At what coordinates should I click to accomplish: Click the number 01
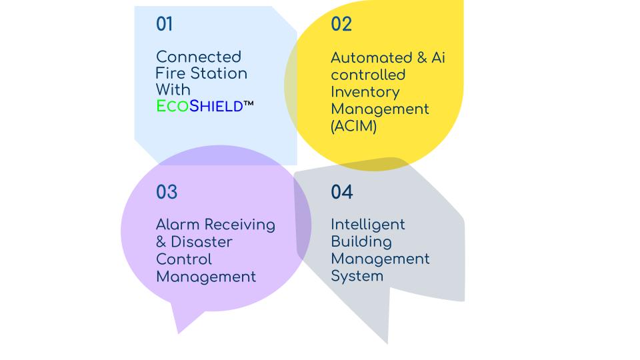(x=164, y=24)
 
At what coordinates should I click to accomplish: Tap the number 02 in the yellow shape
(x=341, y=24)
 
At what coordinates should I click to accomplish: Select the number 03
(x=167, y=192)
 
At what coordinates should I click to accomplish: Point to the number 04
(x=341, y=192)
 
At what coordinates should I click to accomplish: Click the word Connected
(x=199, y=57)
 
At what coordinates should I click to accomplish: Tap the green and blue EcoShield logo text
(x=199, y=106)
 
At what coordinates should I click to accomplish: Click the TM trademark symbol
(x=249, y=104)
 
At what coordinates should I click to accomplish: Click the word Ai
(x=439, y=57)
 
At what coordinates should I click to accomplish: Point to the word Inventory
(x=365, y=93)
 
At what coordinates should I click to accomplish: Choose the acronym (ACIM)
(x=353, y=126)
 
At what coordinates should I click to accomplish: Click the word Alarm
(x=178, y=225)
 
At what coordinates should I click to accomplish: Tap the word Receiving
(x=240, y=225)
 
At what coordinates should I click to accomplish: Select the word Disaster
(x=201, y=242)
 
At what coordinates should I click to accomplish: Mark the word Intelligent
(x=368, y=225)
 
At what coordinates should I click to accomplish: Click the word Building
(x=361, y=242)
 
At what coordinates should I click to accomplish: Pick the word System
(x=357, y=276)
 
